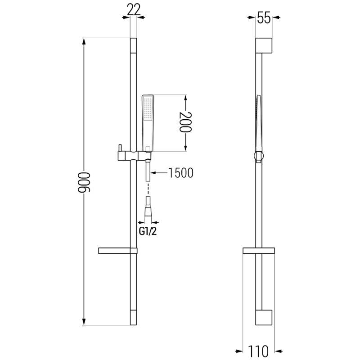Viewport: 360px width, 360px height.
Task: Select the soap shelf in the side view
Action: point(259,250)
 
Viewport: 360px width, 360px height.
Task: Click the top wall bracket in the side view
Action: point(264,46)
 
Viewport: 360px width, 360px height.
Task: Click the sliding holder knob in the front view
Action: point(120,149)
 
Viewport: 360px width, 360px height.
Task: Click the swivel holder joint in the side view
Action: point(258,156)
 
